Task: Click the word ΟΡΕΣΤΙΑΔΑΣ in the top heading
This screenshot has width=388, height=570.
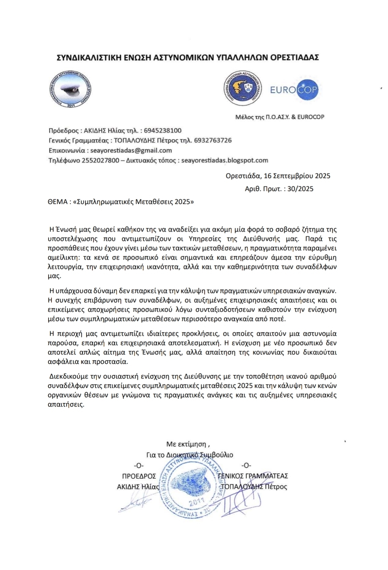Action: click(x=295, y=57)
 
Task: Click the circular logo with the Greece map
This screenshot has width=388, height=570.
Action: click(x=242, y=89)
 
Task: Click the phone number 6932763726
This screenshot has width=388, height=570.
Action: click(x=213, y=140)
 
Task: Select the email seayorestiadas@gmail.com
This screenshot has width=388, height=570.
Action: click(x=131, y=150)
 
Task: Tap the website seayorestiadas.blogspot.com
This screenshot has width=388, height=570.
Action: click(x=225, y=160)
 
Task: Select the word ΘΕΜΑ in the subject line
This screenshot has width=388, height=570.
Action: click(x=58, y=201)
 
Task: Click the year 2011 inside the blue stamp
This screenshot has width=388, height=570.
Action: click(x=196, y=501)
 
